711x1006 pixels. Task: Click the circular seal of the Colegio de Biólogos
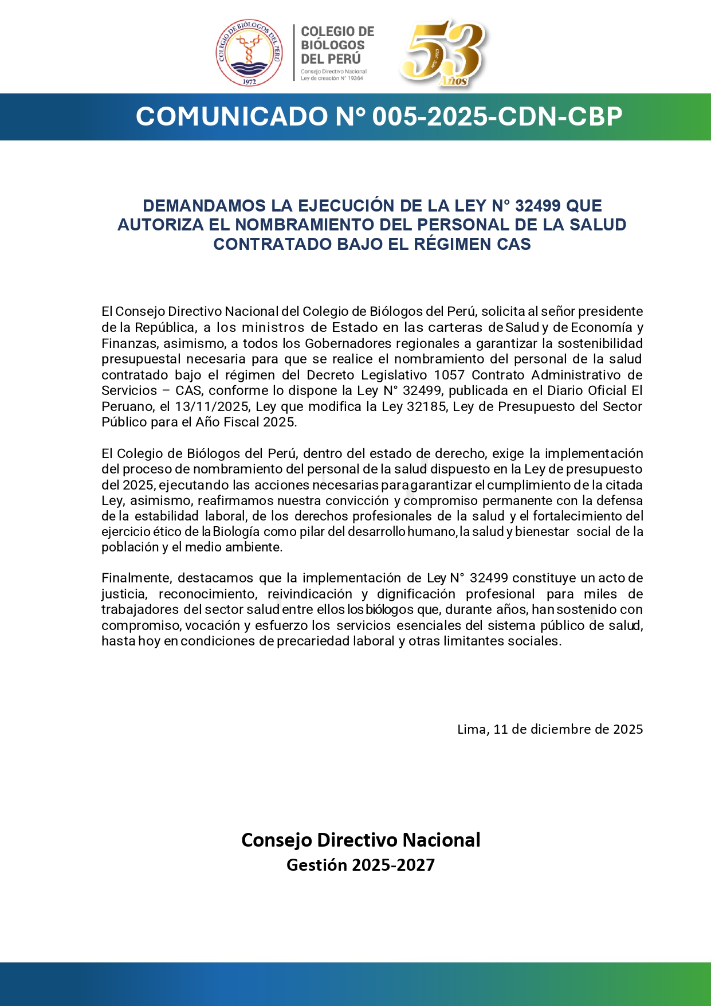pyautogui.click(x=249, y=53)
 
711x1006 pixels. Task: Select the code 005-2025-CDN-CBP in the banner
pyautogui.click(x=497, y=116)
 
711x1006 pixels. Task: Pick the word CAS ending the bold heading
pyautogui.click(x=514, y=244)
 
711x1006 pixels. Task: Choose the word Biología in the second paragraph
pyautogui.click(x=236, y=531)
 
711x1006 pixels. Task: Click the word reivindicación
pyautogui.click(x=309, y=594)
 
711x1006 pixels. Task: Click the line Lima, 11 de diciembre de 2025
pyautogui.click(x=549, y=729)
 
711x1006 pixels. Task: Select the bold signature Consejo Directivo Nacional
pyautogui.click(x=360, y=840)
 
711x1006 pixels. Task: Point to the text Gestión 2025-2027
pyautogui.click(x=360, y=865)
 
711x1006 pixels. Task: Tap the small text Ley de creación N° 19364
pyautogui.click(x=332, y=79)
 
